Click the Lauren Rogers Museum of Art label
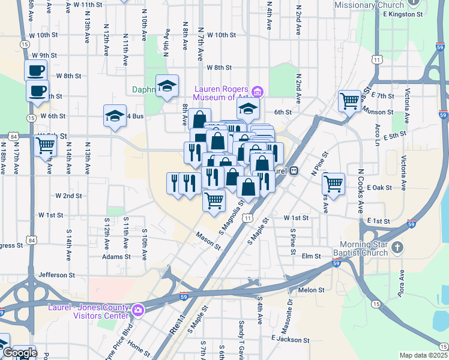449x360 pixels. click(220, 92)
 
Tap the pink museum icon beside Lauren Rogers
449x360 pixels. click(258, 92)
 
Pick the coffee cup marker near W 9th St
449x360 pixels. click(35, 70)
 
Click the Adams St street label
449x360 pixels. click(116, 256)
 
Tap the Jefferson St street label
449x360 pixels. click(57, 275)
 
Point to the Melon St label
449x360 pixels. click(311, 290)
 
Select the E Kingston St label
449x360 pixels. click(402, 13)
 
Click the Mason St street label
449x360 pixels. click(208, 240)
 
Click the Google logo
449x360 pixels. click(19, 353)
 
